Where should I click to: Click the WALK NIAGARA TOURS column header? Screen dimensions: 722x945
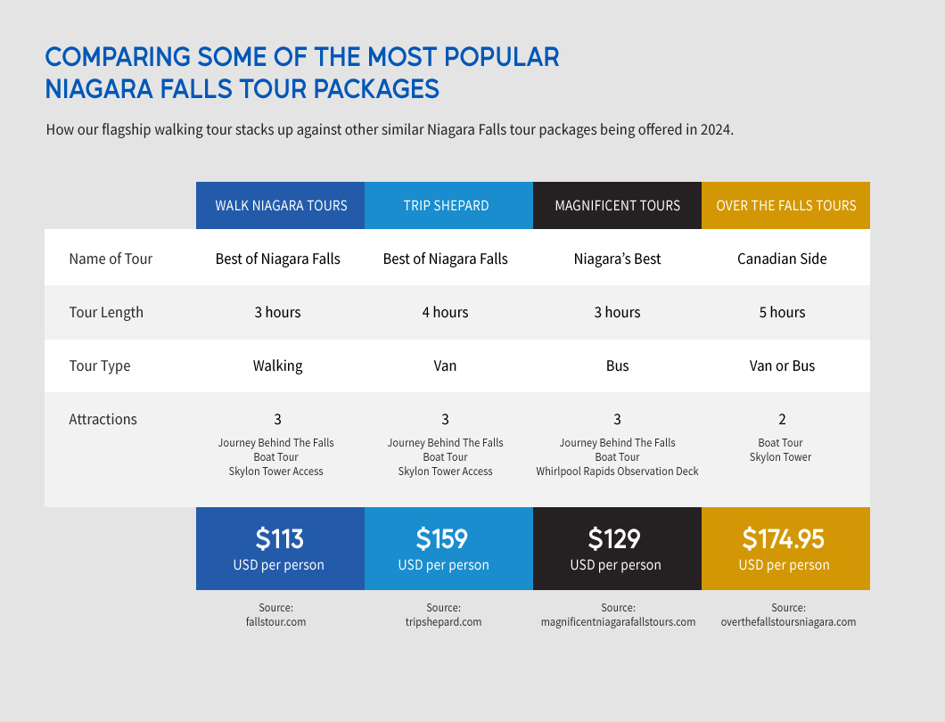pyautogui.click(x=281, y=206)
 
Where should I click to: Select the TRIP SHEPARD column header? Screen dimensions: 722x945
pyautogui.click(x=446, y=206)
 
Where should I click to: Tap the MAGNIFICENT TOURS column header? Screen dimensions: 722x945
pyautogui.click(x=617, y=206)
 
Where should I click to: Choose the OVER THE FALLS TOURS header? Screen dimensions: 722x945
pyautogui.click(x=785, y=206)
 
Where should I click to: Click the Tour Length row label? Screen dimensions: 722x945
pyautogui.click(x=106, y=312)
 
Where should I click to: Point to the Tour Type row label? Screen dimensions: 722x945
pyautogui.click(x=99, y=365)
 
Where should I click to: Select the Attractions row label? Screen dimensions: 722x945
pyautogui.click(x=103, y=419)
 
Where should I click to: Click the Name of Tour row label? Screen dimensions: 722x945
pyautogui.click(x=111, y=258)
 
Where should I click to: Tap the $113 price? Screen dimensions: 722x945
pyautogui.click(x=279, y=538)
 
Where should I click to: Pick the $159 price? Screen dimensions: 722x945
pyautogui.click(x=442, y=538)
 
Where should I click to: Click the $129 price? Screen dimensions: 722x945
pyautogui.click(x=614, y=538)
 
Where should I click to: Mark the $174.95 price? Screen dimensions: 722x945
pyautogui.click(x=783, y=538)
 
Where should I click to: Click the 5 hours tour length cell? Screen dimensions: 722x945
pyautogui.click(x=782, y=312)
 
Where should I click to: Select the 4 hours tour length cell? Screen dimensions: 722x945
pyautogui.click(x=445, y=312)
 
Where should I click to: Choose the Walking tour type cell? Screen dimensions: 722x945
pyautogui.click(x=277, y=365)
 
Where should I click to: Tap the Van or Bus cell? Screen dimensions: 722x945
pyautogui.click(x=782, y=365)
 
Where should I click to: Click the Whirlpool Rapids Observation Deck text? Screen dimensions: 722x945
pyautogui.click(x=617, y=471)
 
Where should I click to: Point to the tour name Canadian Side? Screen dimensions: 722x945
pyautogui.click(x=782, y=258)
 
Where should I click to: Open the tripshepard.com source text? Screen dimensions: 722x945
pyautogui.click(x=443, y=621)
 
